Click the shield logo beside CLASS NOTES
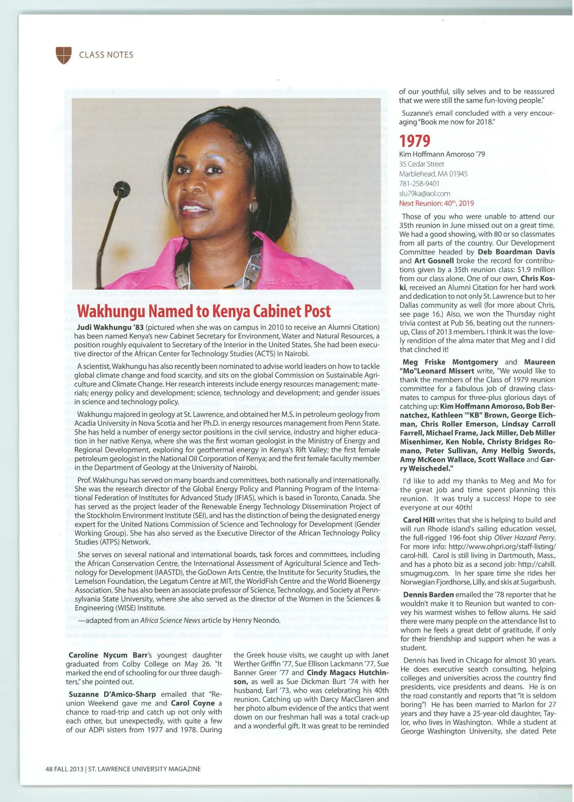coord(63,55)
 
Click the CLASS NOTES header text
coord(106,55)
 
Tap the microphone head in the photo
coord(121,190)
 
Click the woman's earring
coord(253,207)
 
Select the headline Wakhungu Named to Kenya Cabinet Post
coord(204,311)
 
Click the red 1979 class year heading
coord(414,141)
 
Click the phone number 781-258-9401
coord(419,183)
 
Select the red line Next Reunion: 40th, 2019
coord(436,203)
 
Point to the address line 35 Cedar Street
coord(421,164)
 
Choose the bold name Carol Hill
coord(419,520)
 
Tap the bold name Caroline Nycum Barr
coord(108,655)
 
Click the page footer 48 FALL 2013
coord(64,769)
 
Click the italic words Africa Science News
coord(170,620)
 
